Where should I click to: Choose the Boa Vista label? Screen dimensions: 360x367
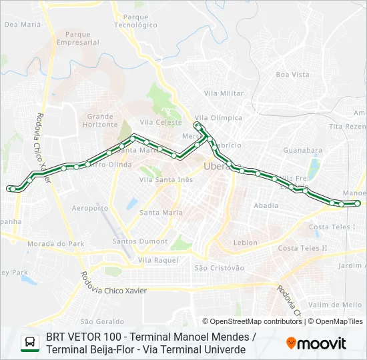click(292, 75)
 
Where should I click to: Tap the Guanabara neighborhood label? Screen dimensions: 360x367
click(302, 151)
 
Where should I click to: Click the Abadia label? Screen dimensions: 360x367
click(266, 205)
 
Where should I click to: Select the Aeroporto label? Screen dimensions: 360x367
click(90, 208)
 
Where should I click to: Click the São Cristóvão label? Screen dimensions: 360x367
click(219, 267)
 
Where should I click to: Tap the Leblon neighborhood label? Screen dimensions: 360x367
click(246, 243)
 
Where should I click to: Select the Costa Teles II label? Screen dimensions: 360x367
click(302, 248)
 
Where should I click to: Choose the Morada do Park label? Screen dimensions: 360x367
click(55, 244)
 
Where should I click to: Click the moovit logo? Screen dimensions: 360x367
click(316, 343)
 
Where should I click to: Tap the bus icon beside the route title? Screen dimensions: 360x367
click(30, 343)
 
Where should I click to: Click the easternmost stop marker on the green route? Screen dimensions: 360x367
click(358, 203)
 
